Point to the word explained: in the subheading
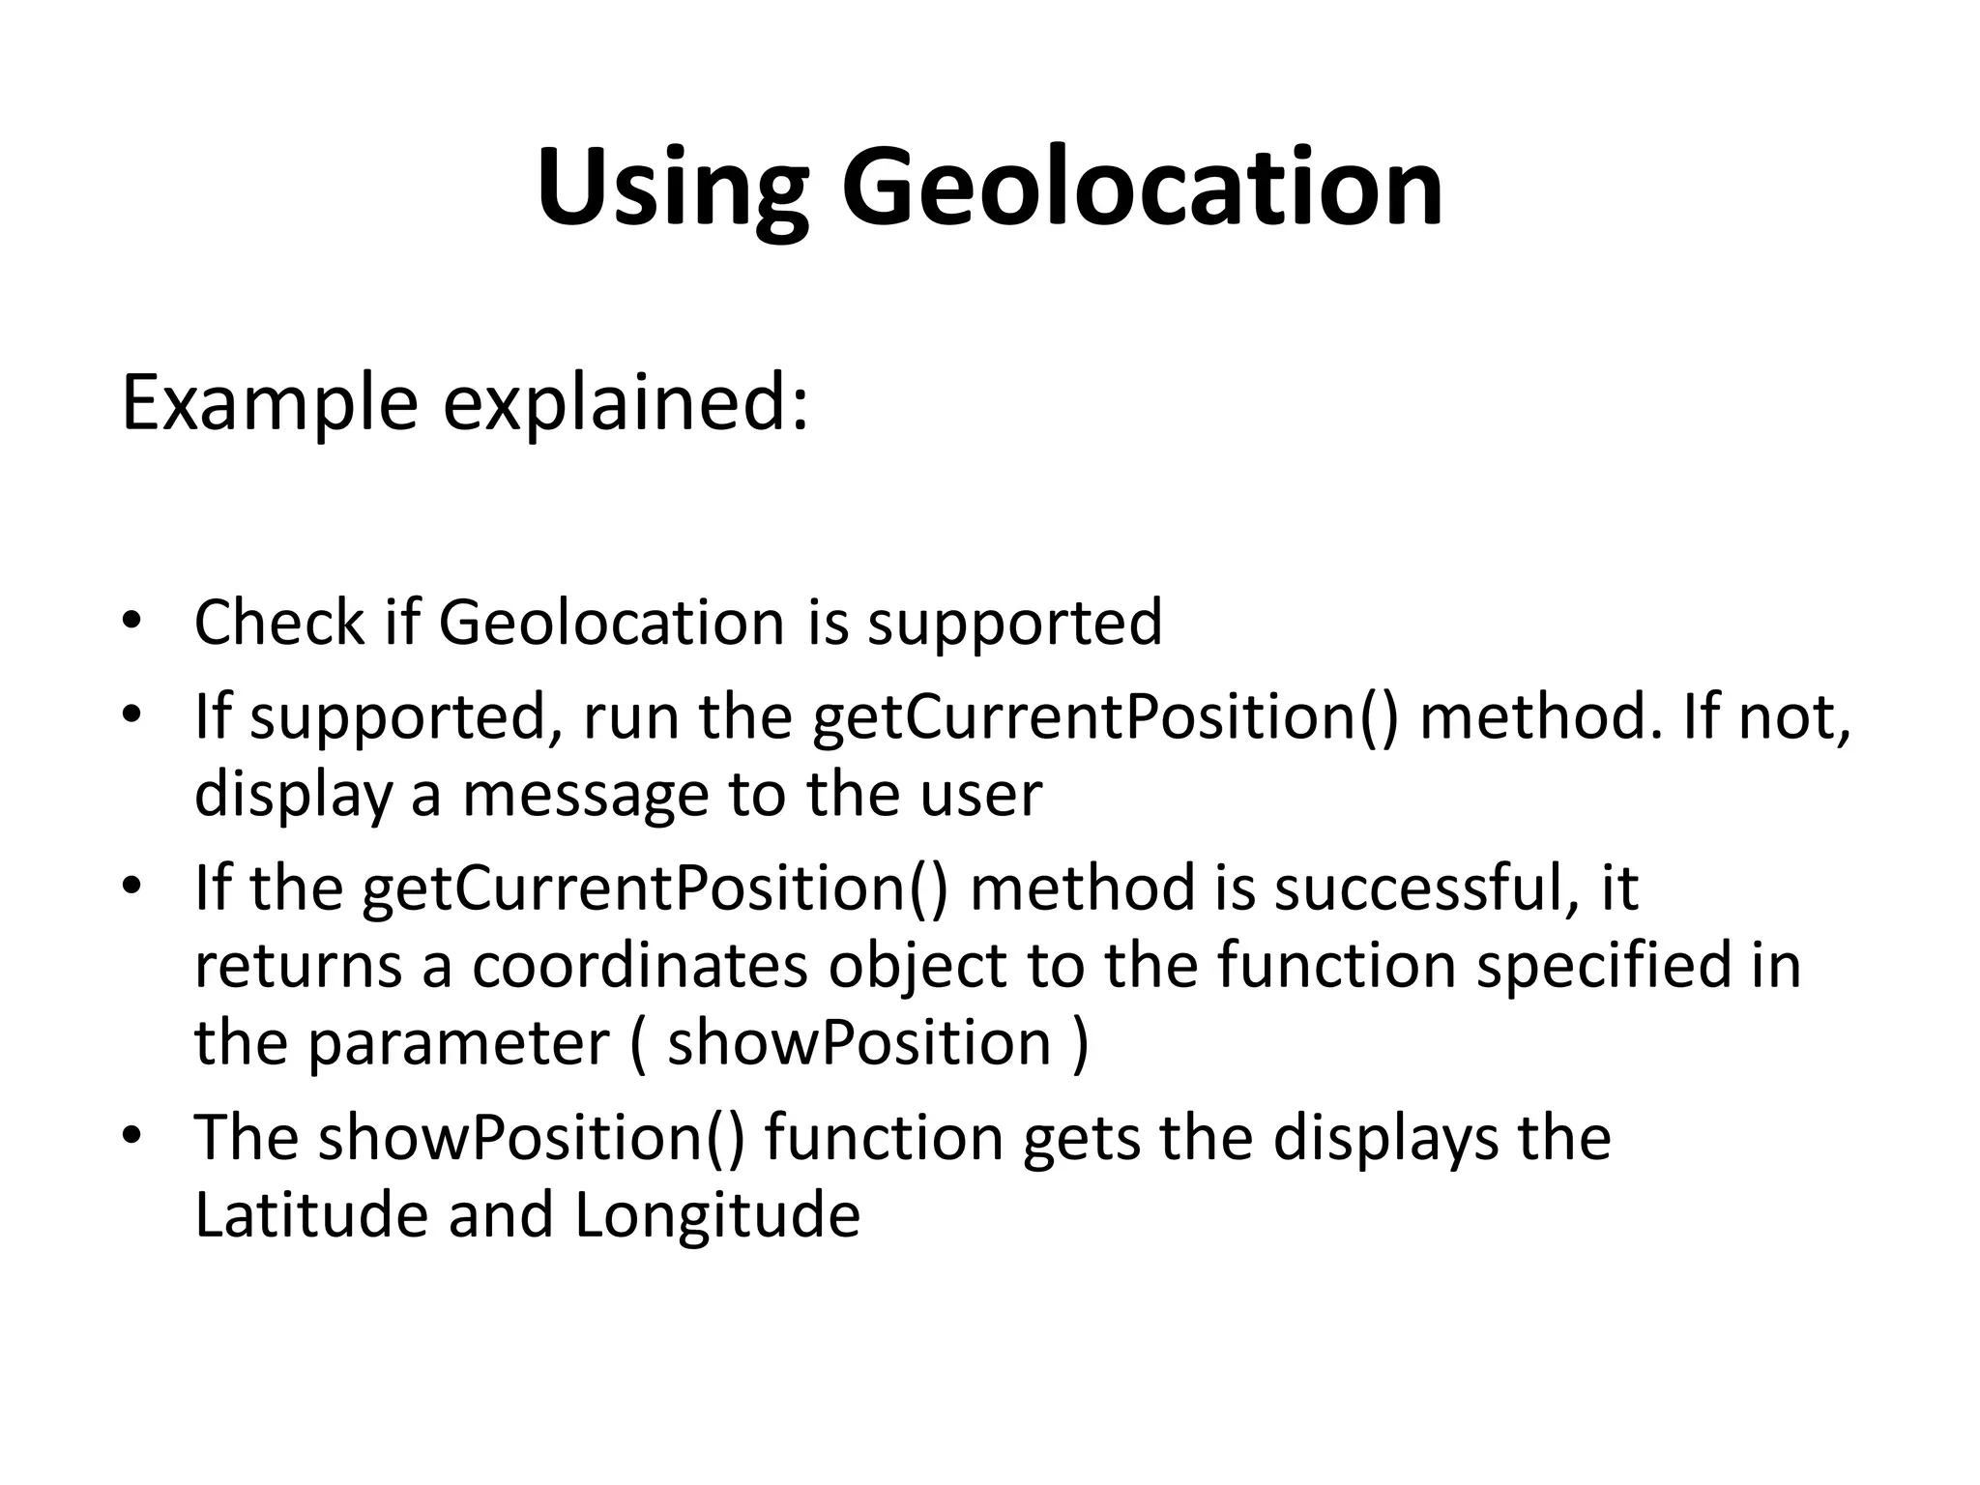tap(626, 404)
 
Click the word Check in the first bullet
tap(279, 622)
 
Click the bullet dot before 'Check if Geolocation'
tap(132, 620)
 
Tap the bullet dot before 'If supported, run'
tap(132, 716)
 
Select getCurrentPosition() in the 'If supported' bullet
tap(1105, 718)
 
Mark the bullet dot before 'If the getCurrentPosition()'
tap(132, 886)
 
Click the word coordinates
tap(639, 966)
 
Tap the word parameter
tap(459, 1043)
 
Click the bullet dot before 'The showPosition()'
tap(132, 1135)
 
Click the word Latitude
tap(311, 1215)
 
